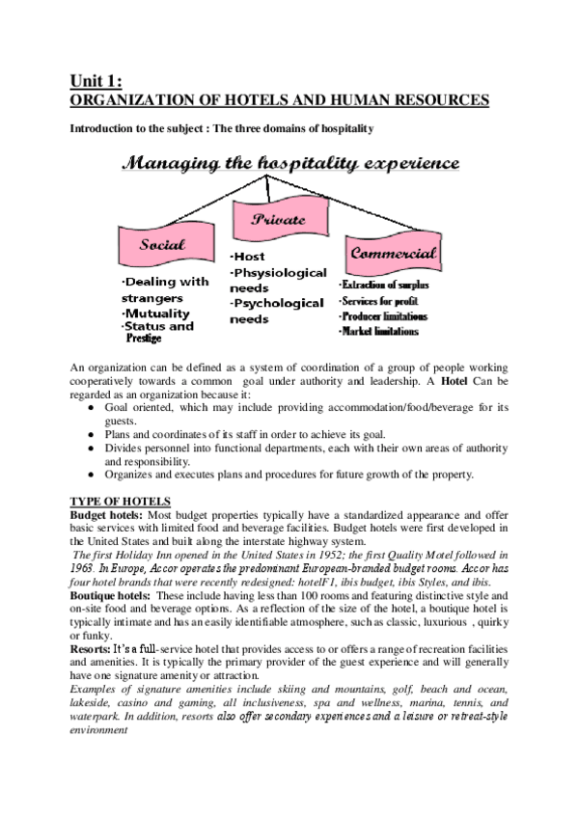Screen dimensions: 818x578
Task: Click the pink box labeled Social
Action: coord(161,246)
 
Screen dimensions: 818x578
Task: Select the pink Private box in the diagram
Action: coord(280,220)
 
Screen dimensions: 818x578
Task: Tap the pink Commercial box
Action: coord(393,255)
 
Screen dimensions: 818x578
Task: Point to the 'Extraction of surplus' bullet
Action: coord(384,286)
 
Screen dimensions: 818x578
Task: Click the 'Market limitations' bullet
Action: coord(379,332)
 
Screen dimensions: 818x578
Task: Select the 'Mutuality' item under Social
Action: coord(156,314)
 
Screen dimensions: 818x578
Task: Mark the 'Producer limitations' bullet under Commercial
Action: coord(383,316)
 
